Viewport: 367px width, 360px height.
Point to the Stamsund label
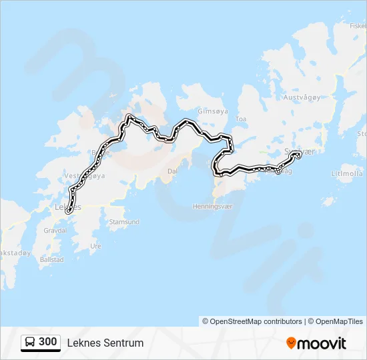124,221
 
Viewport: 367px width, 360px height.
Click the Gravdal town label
55,230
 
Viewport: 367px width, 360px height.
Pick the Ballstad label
51,259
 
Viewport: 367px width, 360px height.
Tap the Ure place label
95,246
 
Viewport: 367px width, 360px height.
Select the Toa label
241,119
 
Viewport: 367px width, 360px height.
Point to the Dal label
171,171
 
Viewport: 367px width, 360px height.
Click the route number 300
47,342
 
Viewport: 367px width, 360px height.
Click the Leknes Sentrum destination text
105,343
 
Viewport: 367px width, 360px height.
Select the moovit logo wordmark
322,343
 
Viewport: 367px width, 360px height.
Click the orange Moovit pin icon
291,343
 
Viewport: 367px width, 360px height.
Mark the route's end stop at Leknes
68,211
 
